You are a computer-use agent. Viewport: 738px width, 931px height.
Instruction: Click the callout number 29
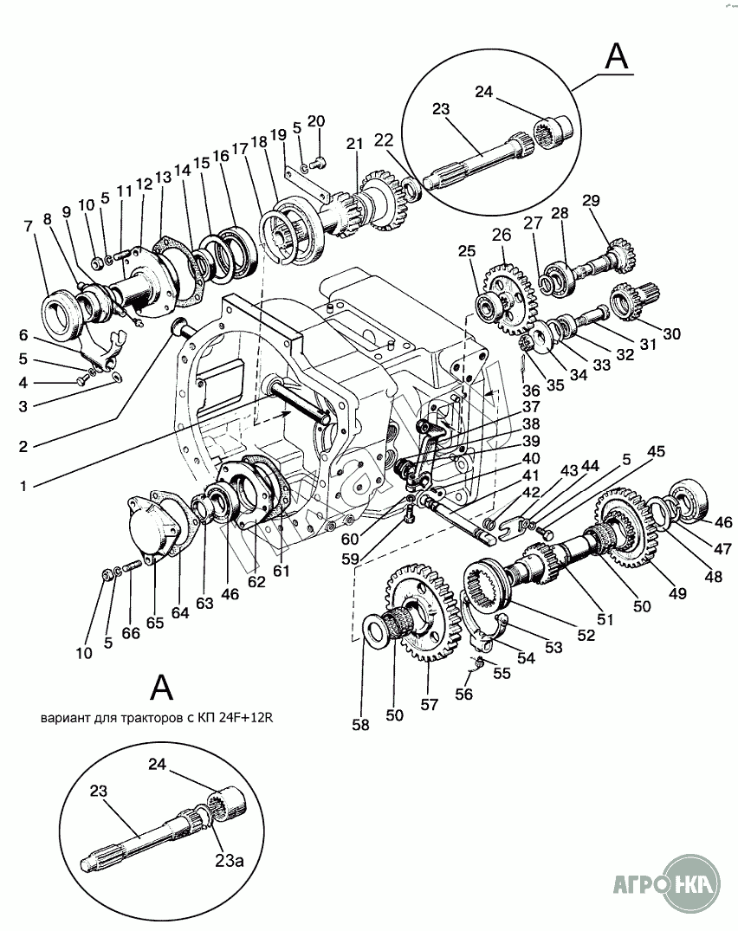pyautogui.click(x=591, y=201)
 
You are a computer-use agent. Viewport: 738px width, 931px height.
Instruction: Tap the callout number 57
pyautogui.click(x=429, y=704)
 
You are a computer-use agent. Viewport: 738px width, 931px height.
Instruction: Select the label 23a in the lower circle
pyautogui.click(x=230, y=860)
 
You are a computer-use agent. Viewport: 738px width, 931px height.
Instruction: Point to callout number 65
pyautogui.click(x=155, y=623)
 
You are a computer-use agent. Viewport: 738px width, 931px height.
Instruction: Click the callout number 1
pyautogui.click(x=23, y=486)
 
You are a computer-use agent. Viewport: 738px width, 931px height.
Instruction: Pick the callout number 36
pyautogui.click(x=531, y=390)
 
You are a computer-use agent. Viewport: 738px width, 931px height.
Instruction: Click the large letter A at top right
pyautogui.click(x=616, y=58)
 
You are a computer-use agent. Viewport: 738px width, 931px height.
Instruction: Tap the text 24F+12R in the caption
pyautogui.click(x=249, y=717)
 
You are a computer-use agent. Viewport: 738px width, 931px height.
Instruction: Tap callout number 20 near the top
pyautogui.click(x=316, y=120)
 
